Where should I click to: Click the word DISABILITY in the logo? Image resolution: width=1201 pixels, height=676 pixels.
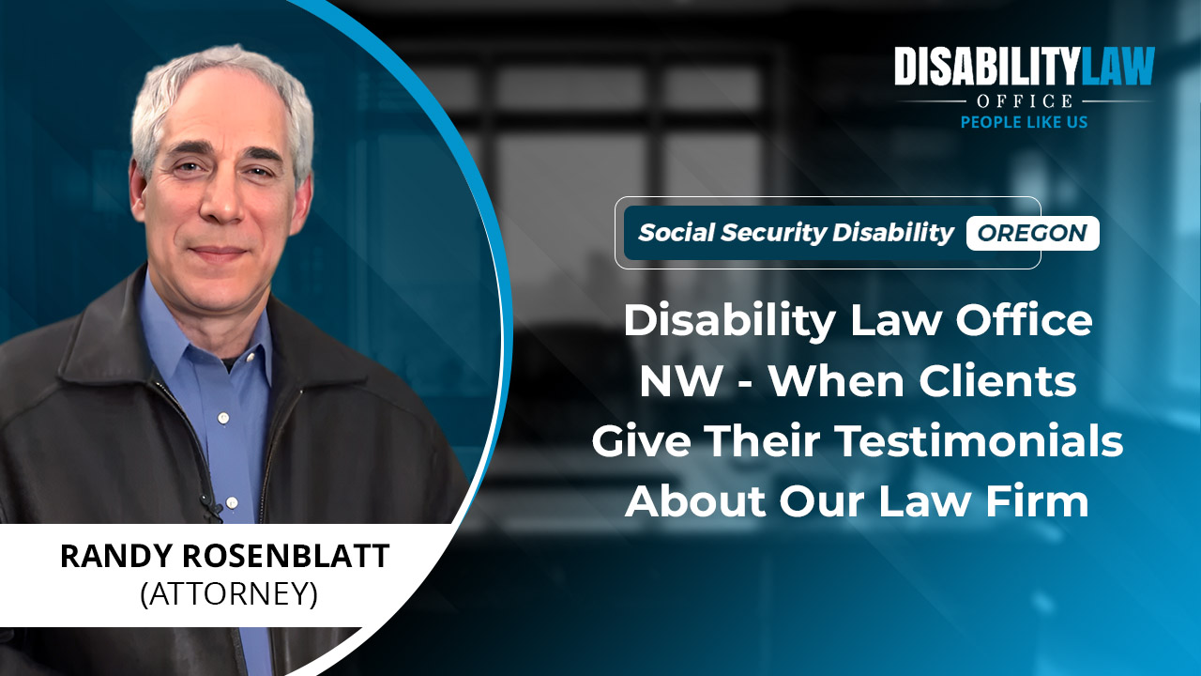985,66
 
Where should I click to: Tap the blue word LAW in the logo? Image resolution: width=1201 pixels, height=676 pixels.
1117,66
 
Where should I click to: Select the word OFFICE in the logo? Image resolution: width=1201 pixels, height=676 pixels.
1025,100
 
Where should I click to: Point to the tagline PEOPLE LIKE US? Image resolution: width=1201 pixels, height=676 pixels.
1024,122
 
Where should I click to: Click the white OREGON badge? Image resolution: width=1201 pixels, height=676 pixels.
1033,233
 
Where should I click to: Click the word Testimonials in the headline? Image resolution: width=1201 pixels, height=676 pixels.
981,440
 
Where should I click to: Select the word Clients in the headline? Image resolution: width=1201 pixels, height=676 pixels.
997,381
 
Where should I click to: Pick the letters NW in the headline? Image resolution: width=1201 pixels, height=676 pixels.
681,381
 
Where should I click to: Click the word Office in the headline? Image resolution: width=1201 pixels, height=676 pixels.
1024,320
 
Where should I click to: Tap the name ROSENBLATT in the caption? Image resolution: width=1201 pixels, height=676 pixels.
286,556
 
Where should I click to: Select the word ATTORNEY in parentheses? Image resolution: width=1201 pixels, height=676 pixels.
229,594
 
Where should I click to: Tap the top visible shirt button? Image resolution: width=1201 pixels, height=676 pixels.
223,417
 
